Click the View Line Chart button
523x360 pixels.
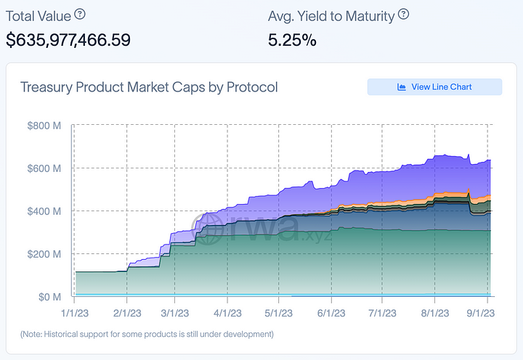[x=434, y=87]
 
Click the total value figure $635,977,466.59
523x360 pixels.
[x=68, y=40]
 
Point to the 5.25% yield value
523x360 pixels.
[x=292, y=40]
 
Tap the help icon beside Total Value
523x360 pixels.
[x=80, y=14]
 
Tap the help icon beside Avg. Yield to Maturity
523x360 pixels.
[x=404, y=14]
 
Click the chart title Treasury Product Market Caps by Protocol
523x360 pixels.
[x=149, y=88]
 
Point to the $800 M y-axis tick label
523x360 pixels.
[x=48, y=126]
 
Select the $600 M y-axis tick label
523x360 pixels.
[x=48, y=168]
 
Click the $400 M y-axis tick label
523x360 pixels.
[x=48, y=211]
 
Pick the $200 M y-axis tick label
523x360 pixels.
[x=48, y=254]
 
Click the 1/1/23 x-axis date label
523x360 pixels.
[x=75, y=313]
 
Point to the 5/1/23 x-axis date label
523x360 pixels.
[x=279, y=313]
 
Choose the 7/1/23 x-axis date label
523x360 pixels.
[x=383, y=313]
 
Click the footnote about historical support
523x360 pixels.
[x=147, y=335]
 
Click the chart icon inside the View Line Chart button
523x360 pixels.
[x=402, y=87]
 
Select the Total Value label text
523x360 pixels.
[x=37, y=14]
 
